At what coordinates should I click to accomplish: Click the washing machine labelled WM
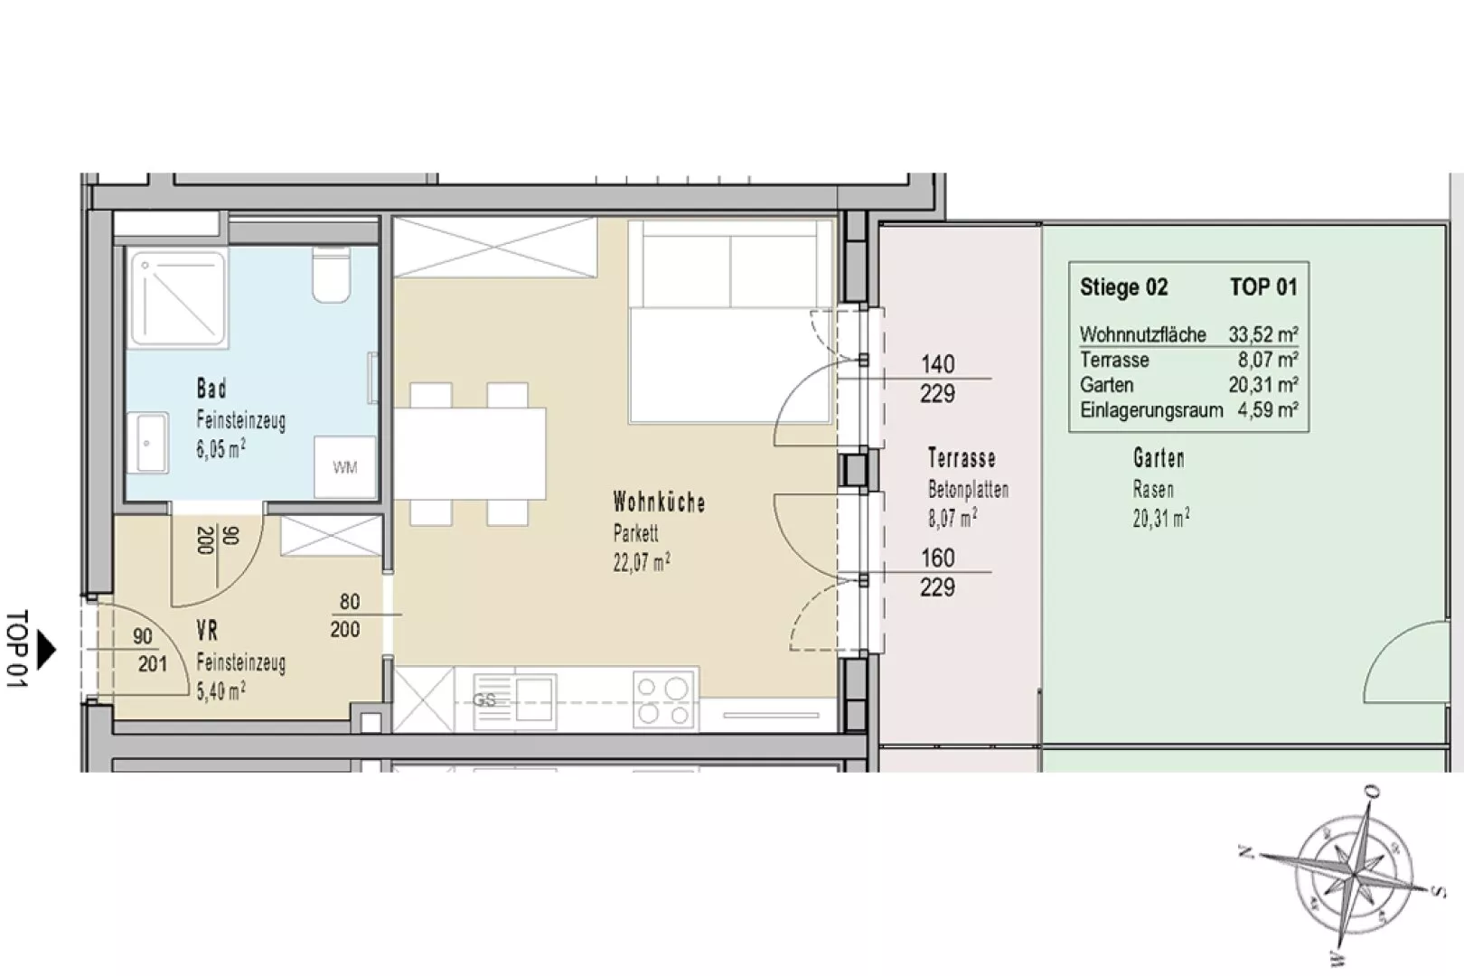pos(345,466)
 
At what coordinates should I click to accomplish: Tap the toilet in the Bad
pos(332,275)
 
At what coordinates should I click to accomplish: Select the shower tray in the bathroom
pos(178,300)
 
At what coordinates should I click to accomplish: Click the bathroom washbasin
pos(148,443)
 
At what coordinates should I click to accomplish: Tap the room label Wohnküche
pos(659,502)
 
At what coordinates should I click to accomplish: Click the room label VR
pos(207,631)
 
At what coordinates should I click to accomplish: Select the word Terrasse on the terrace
pos(962,457)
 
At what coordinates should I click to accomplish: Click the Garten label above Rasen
pos(1159,457)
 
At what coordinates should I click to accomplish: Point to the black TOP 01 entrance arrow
pos(46,649)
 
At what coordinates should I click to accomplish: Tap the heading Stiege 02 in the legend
pos(1123,287)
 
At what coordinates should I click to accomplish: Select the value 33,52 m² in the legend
pos(1262,334)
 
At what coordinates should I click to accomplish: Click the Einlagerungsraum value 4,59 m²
pos(1267,410)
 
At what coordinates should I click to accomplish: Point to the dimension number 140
pos(937,363)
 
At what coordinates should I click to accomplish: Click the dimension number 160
pos(937,558)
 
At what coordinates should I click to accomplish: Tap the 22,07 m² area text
pos(641,562)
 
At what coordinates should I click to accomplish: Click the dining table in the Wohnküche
pos(470,454)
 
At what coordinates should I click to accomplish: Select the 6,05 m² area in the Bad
pos(221,449)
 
